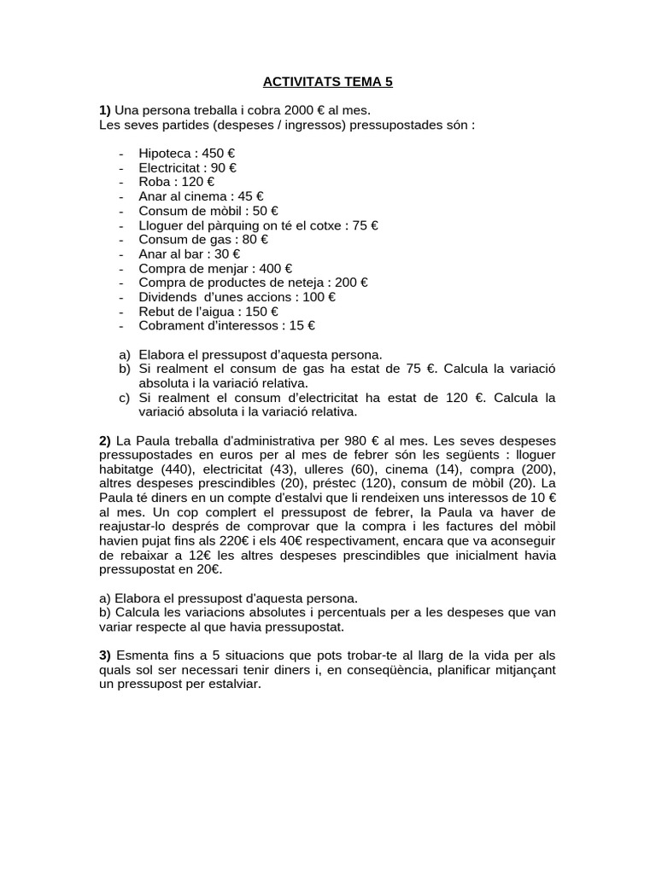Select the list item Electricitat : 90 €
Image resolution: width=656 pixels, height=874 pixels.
[x=187, y=167]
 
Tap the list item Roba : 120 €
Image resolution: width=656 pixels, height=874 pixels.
[x=176, y=182]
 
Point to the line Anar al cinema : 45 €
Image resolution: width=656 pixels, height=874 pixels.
[x=201, y=196]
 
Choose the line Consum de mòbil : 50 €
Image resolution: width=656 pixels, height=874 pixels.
[x=208, y=211]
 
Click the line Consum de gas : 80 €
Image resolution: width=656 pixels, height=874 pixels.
[x=201, y=240]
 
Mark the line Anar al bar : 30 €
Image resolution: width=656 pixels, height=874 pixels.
[x=189, y=253]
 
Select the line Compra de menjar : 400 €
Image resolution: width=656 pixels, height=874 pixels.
[x=215, y=268]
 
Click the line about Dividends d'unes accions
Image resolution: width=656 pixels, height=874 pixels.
[x=237, y=297]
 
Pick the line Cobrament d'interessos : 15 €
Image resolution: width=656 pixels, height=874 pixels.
[x=226, y=325]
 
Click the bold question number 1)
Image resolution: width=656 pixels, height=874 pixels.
[x=105, y=111]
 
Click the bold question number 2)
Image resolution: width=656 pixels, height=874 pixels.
[x=105, y=441]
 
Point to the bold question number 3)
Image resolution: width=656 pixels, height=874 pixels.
[x=105, y=655]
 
